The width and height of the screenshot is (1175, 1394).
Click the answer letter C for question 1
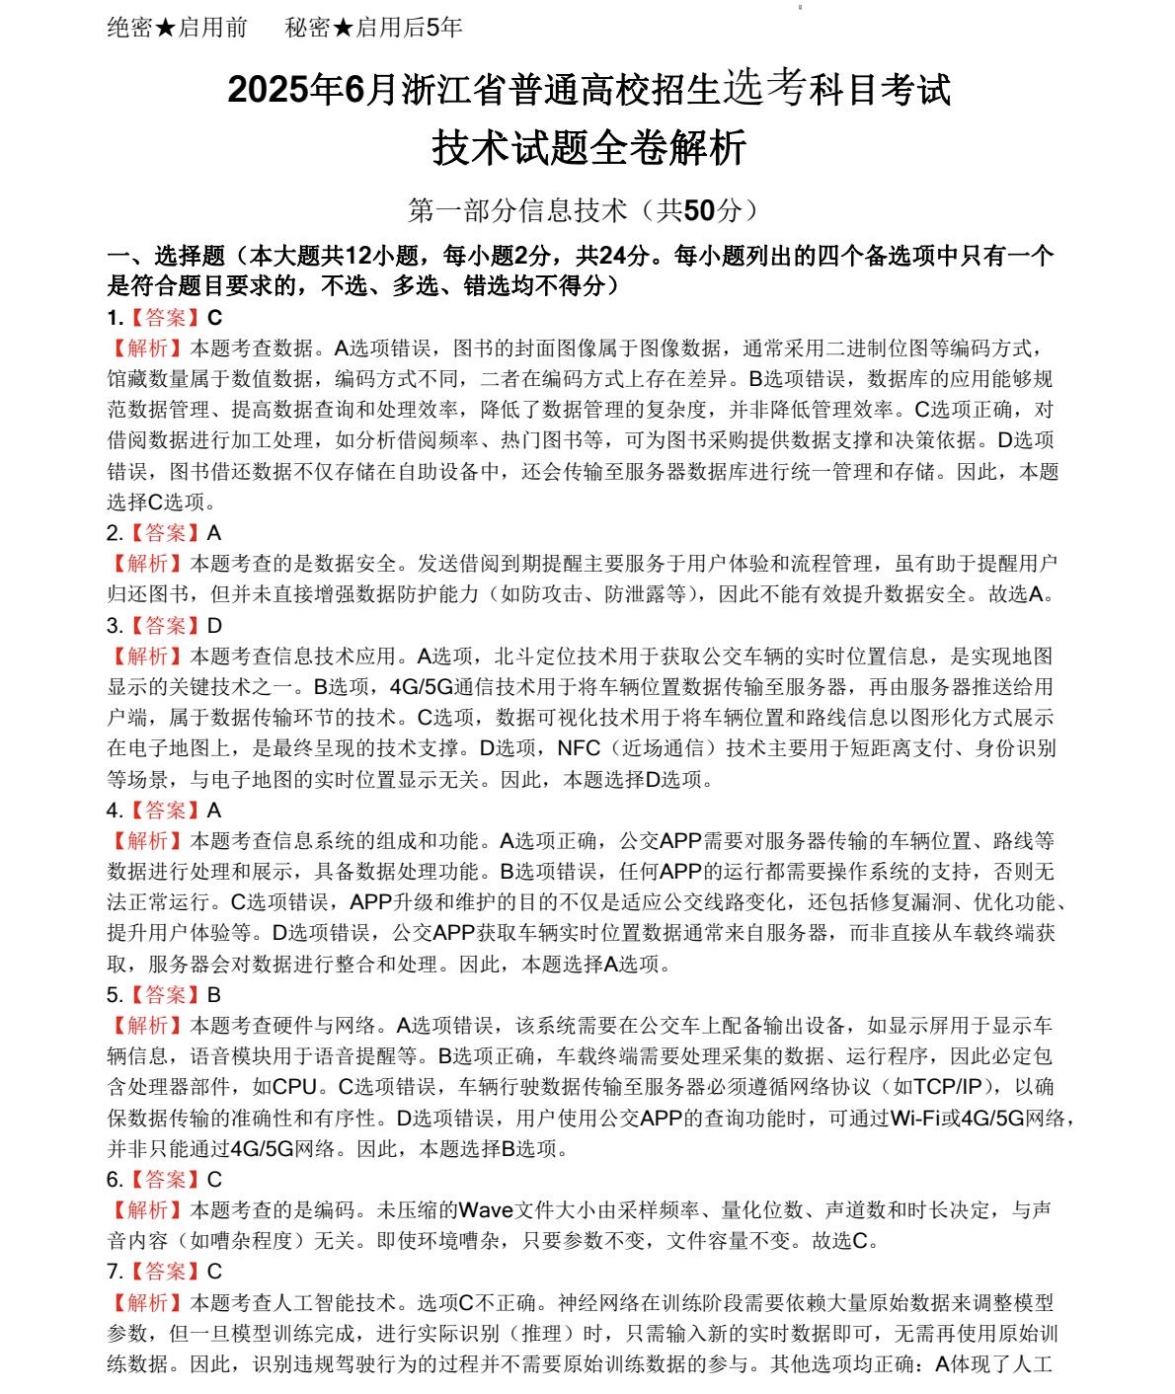pyautogui.click(x=214, y=318)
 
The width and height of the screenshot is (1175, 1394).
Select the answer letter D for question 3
pyautogui.click(x=214, y=626)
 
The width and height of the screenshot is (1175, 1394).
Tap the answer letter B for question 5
pyautogui.click(x=214, y=995)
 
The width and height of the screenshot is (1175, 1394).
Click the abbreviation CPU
pyautogui.click(x=294, y=1087)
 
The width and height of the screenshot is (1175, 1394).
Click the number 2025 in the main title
pyautogui.click(x=268, y=90)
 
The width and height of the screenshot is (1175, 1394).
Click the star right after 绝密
pyautogui.click(x=166, y=28)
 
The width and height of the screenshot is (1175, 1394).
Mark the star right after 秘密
pyautogui.click(x=344, y=28)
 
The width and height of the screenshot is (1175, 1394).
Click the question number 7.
pyautogui.click(x=114, y=1272)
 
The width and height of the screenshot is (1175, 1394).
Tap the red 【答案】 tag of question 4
pyautogui.click(x=166, y=811)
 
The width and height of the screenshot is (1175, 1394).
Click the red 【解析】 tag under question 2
pyautogui.click(x=148, y=564)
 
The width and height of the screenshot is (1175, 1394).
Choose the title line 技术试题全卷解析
pyautogui.click(x=588, y=149)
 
